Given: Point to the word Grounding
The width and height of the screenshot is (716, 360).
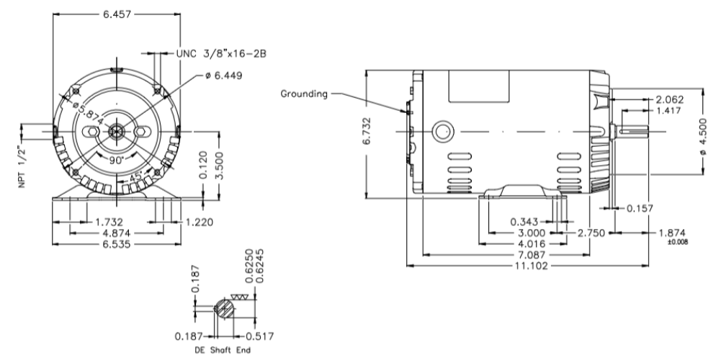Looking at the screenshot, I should [305, 93].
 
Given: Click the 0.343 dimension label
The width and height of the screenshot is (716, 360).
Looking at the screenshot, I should [525, 222].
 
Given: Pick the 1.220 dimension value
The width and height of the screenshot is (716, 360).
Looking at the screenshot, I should [200, 222].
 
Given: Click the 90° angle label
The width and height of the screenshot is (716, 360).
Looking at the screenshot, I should [115, 161].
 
